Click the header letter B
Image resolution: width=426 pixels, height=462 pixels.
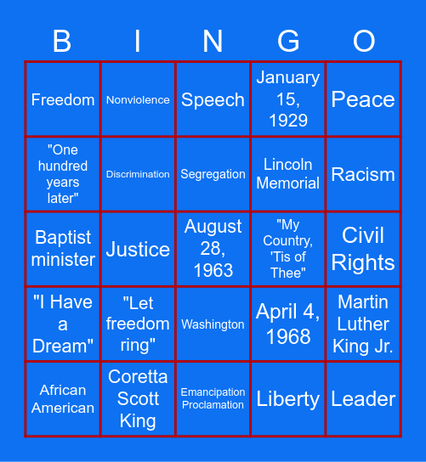tap(63, 41)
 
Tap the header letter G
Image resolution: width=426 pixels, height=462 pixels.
tap(288, 41)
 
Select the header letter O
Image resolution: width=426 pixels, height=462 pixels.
tap(363, 41)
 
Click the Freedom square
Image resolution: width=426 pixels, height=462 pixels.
tap(63, 99)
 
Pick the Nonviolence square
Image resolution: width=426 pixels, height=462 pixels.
tap(138, 99)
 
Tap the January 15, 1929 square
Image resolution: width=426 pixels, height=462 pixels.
tap(288, 99)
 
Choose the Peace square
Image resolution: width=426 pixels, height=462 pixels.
tap(363, 99)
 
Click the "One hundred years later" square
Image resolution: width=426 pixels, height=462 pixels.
tap(63, 174)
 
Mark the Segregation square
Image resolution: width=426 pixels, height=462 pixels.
tap(213, 174)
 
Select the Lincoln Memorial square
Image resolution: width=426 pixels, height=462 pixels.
tap(288, 174)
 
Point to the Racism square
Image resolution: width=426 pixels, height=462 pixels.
tap(363, 174)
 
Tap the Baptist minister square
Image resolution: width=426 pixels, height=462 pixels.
tap(63, 249)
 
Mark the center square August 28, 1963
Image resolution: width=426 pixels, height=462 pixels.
tap(213, 249)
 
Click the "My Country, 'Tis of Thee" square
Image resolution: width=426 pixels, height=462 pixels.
tap(288, 249)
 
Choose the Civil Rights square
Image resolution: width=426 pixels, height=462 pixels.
tap(363, 249)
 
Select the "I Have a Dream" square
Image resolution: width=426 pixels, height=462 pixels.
tap(63, 324)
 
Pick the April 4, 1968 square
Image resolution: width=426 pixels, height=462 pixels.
tap(288, 324)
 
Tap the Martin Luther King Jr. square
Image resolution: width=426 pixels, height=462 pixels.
tap(363, 324)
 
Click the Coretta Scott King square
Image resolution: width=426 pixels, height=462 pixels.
tap(138, 398)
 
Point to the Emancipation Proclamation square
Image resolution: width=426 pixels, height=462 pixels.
tap(213, 398)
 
